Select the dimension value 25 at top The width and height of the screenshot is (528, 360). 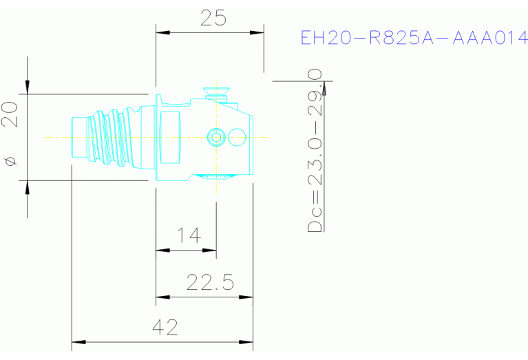(213, 18)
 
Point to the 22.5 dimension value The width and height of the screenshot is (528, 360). (211, 283)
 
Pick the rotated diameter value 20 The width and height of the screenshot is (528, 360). (10, 114)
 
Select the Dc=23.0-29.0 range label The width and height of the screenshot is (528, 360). (316, 151)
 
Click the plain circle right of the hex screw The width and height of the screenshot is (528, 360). (237, 137)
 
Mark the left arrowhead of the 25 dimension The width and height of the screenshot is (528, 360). (162, 32)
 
